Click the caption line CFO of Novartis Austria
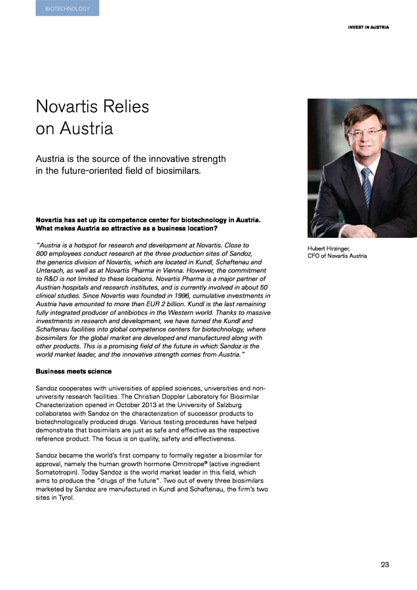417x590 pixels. coord(338,256)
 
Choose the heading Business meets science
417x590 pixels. coord(73,372)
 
